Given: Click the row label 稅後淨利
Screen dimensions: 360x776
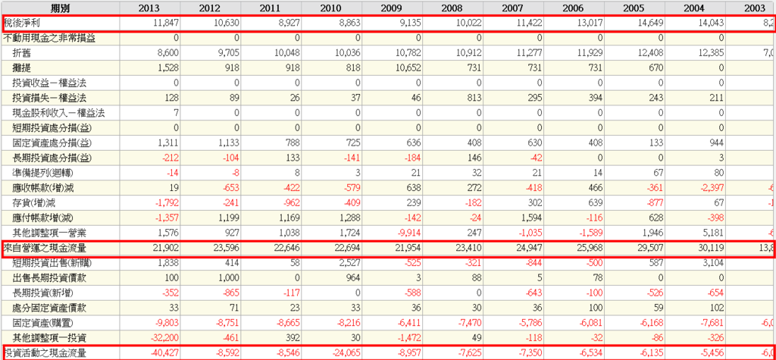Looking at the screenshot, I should (x=22, y=23).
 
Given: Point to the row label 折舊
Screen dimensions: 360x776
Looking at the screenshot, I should (x=22, y=54).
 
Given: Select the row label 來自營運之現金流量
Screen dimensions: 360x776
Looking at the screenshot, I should (x=44, y=248).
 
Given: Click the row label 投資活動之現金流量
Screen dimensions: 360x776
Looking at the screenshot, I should (x=44, y=352).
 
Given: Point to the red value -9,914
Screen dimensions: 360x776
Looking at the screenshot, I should (x=407, y=233).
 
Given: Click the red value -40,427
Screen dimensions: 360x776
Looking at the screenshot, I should (x=162, y=352).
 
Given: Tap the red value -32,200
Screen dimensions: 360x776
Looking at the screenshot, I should (x=162, y=337).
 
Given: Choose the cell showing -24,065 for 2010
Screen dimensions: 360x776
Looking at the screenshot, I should (x=344, y=352).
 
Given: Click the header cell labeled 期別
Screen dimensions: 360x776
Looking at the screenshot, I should (x=61, y=8).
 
